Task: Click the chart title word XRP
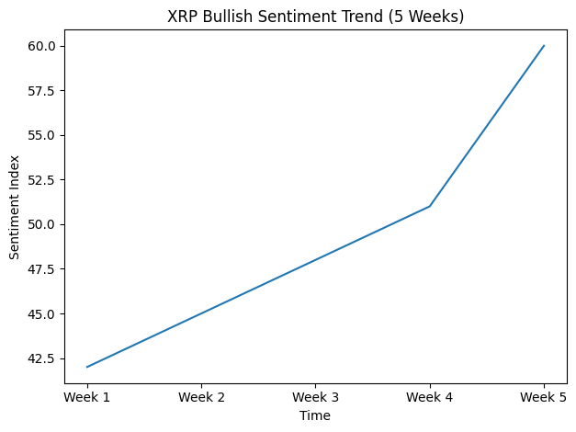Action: click(x=182, y=16)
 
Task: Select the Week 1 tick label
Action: click(x=87, y=397)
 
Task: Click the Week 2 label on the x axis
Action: click(x=201, y=397)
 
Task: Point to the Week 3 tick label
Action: click(x=315, y=397)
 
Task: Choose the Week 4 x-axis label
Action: click(x=430, y=397)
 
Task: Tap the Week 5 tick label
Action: click(x=544, y=397)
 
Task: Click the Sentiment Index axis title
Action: click(x=14, y=214)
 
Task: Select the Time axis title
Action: click(x=315, y=415)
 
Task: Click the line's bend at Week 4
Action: click(x=430, y=206)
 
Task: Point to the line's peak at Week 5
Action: click(x=544, y=46)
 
